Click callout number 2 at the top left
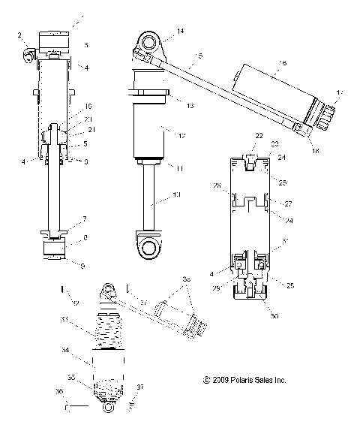point(19,35)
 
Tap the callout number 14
point(180,31)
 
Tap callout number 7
point(85,219)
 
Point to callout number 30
point(274,316)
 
